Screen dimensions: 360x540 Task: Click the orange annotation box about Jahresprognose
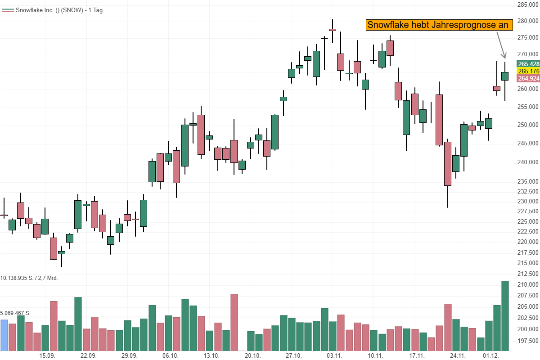coord(439,25)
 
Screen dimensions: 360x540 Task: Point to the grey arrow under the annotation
coord(500,45)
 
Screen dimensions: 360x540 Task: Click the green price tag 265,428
coord(528,64)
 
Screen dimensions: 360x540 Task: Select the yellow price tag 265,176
coord(528,71)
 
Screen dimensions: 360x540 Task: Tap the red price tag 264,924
coord(528,78)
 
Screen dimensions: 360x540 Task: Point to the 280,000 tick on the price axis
coord(527,21)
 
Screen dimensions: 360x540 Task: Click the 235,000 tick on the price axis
coord(527,181)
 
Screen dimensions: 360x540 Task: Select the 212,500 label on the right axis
coord(527,273)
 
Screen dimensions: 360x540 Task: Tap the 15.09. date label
coord(48,355)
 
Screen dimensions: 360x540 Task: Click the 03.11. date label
coord(334,355)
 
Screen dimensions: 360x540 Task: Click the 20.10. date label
coord(252,355)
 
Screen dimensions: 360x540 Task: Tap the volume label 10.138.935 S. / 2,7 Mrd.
coord(29,278)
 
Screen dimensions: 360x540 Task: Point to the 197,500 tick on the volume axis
coord(527,340)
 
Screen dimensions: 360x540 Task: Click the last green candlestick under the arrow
coord(505,76)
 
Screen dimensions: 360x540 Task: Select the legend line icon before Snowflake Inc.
coord(8,10)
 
